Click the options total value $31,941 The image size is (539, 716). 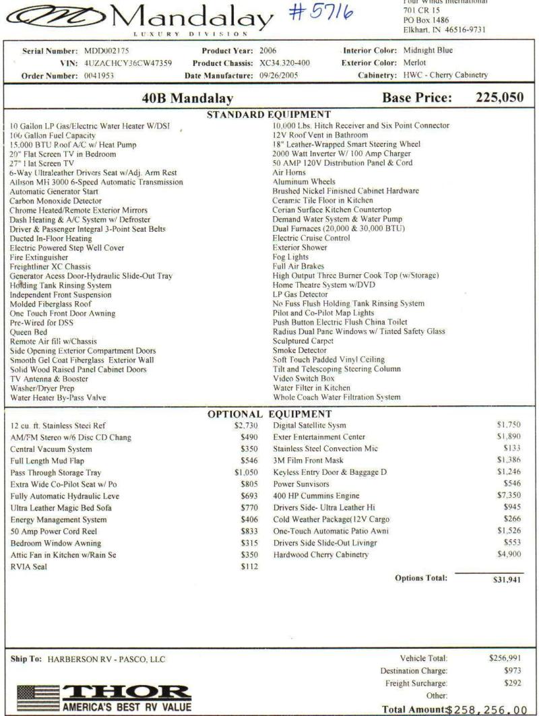coord(507,578)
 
